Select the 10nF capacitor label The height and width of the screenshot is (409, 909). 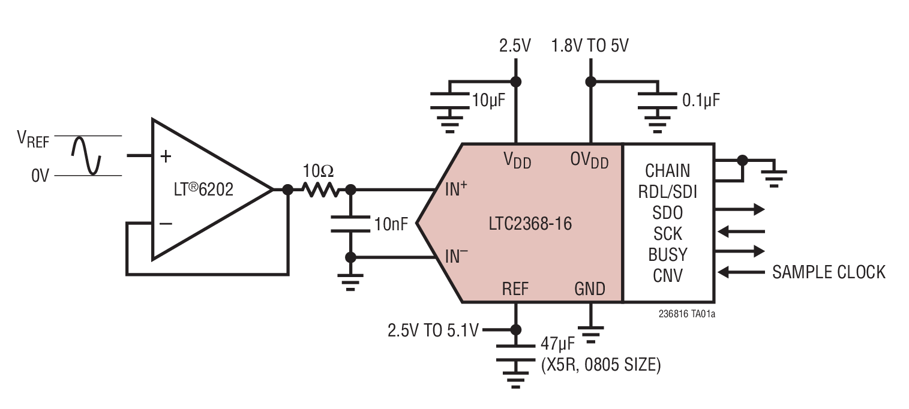coord(391,225)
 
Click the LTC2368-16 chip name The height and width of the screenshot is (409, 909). coord(530,224)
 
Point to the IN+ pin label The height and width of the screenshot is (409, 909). coord(456,190)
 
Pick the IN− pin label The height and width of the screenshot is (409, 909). coord(456,257)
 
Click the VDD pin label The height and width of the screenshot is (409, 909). coord(516,161)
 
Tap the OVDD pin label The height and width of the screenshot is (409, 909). coord(589,161)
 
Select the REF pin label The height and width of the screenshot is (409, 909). coord(515,289)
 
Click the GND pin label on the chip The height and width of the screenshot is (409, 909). coord(590,289)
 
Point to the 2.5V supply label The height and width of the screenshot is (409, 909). coord(515,46)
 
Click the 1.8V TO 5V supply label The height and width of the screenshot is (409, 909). coord(590,46)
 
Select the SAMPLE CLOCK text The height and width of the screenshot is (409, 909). coord(828,272)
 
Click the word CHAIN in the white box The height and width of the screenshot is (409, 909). coord(667,171)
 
